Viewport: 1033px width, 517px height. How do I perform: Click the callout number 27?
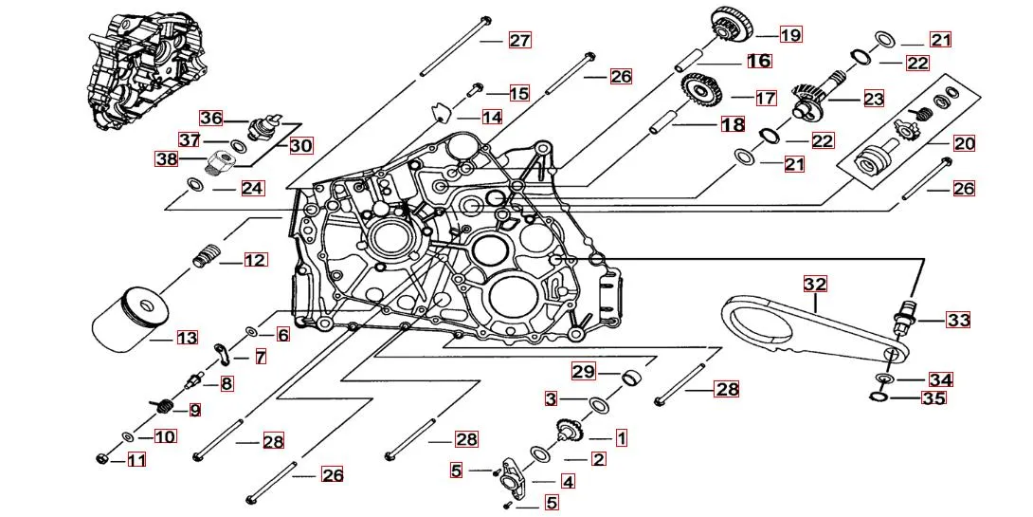tap(519, 40)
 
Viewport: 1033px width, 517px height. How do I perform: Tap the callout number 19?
tap(790, 35)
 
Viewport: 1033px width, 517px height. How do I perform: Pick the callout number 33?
tap(958, 320)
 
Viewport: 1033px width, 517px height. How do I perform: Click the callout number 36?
tap(211, 118)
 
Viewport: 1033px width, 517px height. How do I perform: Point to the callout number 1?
tap(622, 437)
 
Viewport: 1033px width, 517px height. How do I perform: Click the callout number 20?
tap(965, 143)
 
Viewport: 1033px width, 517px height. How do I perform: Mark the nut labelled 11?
tap(103, 460)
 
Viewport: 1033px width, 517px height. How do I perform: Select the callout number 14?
tap(491, 118)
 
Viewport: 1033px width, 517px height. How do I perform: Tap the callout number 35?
tap(933, 398)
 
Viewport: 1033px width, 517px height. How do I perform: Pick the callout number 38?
tap(167, 159)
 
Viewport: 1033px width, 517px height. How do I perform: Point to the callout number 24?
tap(251, 188)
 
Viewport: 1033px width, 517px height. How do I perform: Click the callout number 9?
tap(194, 410)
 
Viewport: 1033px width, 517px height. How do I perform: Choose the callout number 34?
tap(940, 379)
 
